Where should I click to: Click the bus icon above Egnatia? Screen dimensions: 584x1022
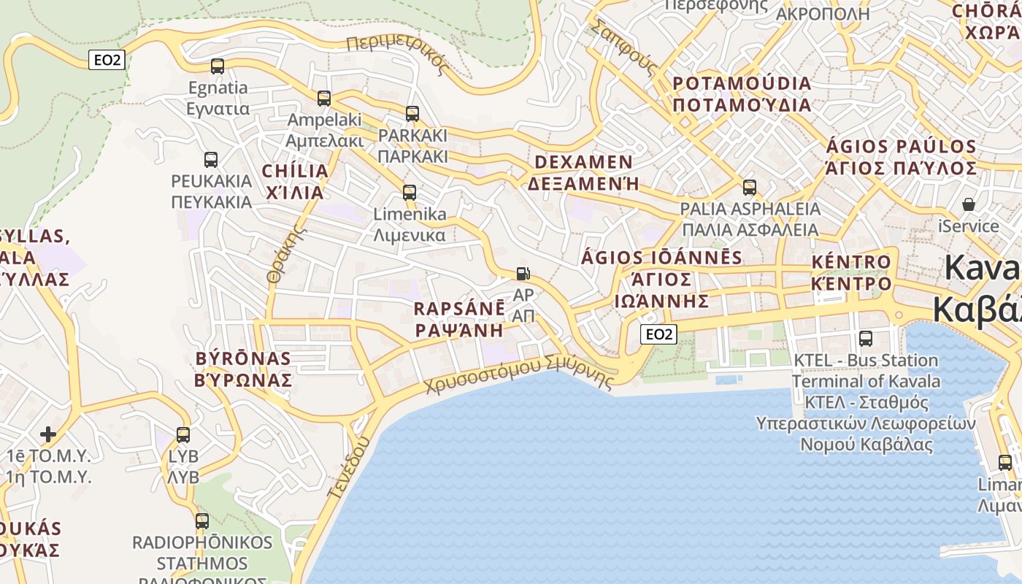pyautogui.click(x=218, y=66)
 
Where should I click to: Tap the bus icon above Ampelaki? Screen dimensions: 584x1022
pyautogui.click(x=324, y=98)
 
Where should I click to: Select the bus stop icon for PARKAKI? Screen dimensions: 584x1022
pyautogui.click(x=412, y=113)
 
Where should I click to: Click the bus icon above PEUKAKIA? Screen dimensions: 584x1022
pyautogui.click(x=211, y=159)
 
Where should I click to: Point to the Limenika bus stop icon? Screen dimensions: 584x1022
pyautogui.click(x=410, y=193)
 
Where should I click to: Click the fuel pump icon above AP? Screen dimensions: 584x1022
pyautogui.click(x=523, y=274)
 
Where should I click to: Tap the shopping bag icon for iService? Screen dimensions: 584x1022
pyautogui.click(x=969, y=204)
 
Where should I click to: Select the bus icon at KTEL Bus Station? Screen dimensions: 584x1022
pyautogui.click(x=866, y=338)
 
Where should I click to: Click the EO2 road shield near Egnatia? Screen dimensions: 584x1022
pyautogui.click(x=107, y=60)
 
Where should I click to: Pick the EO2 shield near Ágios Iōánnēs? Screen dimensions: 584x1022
pyautogui.click(x=658, y=334)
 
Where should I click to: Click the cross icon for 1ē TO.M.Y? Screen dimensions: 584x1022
pyautogui.click(x=48, y=434)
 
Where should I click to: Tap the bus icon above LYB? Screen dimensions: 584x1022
pyautogui.click(x=183, y=435)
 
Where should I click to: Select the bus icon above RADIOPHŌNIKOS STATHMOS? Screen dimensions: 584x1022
pyautogui.click(x=202, y=521)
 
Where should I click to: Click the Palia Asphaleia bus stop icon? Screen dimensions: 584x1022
pyautogui.click(x=750, y=188)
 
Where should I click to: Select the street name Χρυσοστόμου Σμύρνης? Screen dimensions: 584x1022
pyautogui.click(x=520, y=374)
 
